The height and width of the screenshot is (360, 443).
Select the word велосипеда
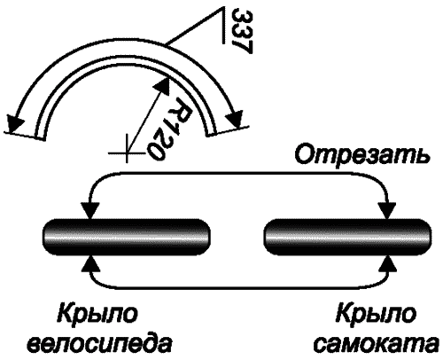[x=99, y=344]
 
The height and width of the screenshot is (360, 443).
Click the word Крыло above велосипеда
[x=97, y=314]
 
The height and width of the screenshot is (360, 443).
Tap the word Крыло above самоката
[x=376, y=314]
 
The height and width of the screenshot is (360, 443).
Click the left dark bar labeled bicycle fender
[x=127, y=238]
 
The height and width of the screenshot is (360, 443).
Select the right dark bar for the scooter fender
[x=347, y=238]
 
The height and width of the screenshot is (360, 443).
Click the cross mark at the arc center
[x=127, y=153]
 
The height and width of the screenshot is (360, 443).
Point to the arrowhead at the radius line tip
[x=163, y=85]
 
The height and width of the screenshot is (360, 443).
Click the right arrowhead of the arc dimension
[x=236, y=119]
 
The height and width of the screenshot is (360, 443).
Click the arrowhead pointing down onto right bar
[x=387, y=211]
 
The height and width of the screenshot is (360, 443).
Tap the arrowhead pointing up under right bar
[x=387, y=264]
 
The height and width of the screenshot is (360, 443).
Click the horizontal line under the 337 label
[x=221, y=26]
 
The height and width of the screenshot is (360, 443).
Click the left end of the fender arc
[x=40, y=137]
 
